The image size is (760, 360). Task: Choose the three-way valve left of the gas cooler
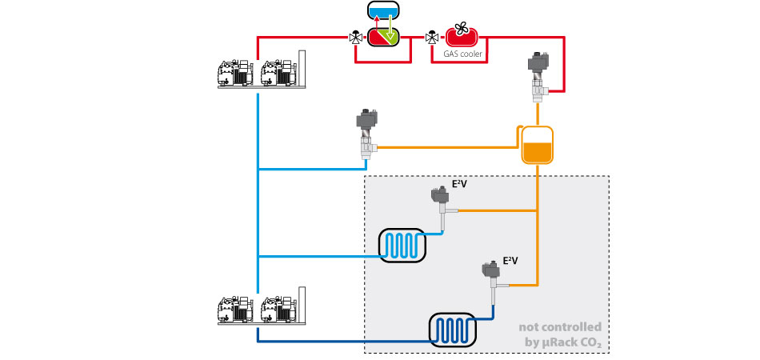coord(432,37)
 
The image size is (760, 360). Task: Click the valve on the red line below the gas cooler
coord(538,77)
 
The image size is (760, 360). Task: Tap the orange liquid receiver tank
coord(537,145)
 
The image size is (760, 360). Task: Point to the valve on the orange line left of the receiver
coord(367,134)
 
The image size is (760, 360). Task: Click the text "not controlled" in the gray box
coord(560,327)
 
